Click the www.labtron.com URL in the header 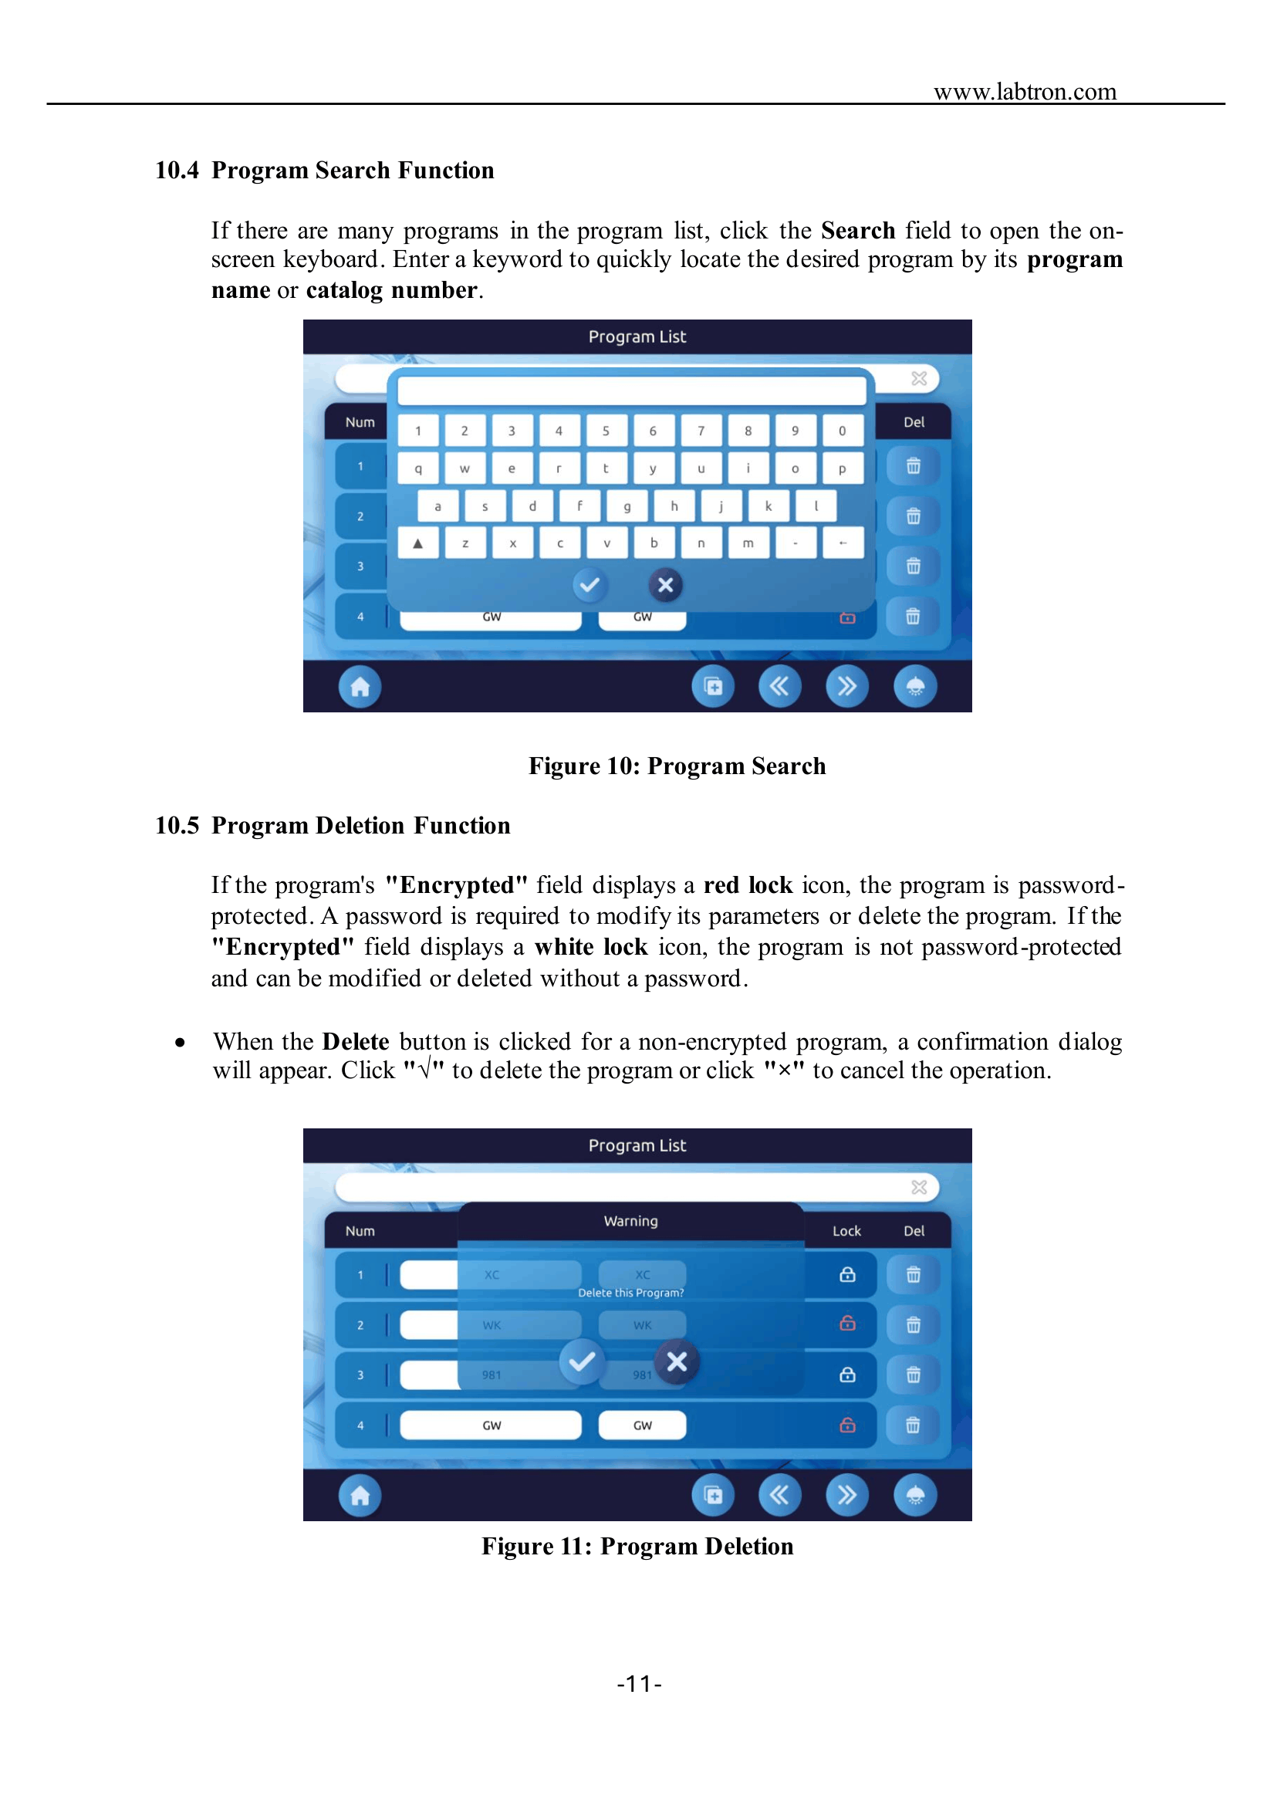click(x=1025, y=91)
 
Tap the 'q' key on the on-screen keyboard click(x=418, y=468)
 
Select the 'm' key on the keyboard click(x=748, y=543)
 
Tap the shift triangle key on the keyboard click(x=418, y=543)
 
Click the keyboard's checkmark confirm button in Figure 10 click(x=589, y=585)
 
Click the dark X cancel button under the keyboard click(x=665, y=585)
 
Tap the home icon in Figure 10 click(x=360, y=687)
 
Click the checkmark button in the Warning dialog click(x=582, y=1361)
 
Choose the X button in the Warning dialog click(x=677, y=1361)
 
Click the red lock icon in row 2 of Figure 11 click(x=847, y=1324)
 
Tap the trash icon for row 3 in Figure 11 click(x=913, y=1374)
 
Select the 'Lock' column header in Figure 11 click(x=847, y=1231)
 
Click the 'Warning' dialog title click(x=630, y=1221)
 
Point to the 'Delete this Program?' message click(x=630, y=1292)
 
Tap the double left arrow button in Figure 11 click(x=779, y=1495)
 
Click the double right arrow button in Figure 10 click(x=847, y=687)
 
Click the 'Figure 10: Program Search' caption click(x=677, y=766)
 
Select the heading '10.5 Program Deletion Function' click(x=333, y=825)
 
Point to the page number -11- click(x=640, y=1684)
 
